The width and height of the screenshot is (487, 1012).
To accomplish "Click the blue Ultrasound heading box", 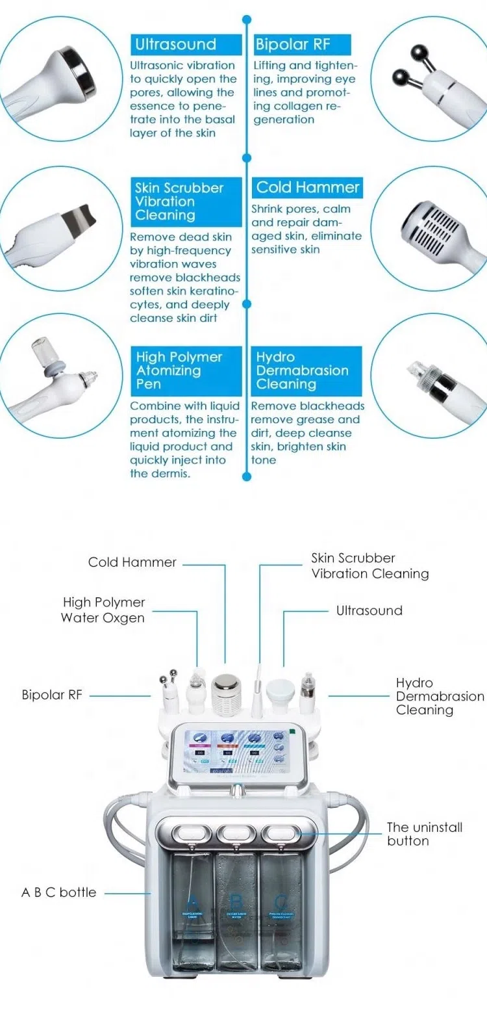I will pyautogui.click(x=175, y=45).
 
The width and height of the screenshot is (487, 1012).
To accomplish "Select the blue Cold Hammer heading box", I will pyautogui.click(x=307, y=188).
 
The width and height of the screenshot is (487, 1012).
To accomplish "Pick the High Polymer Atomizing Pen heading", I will pyautogui.click(x=179, y=370).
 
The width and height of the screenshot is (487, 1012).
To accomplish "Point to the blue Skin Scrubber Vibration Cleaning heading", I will pyautogui.click(x=179, y=201).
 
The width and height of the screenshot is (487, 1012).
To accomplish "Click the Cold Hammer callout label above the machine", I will pyautogui.click(x=132, y=562).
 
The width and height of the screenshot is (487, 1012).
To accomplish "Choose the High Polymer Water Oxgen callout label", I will pyautogui.click(x=103, y=610).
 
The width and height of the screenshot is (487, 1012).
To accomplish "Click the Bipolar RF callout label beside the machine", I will pyautogui.click(x=52, y=695).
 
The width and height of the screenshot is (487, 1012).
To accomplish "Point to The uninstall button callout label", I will pyautogui.click(x=424, y=834).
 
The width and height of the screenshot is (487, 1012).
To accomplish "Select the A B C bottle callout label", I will pyautogui.click(x=58, y=892).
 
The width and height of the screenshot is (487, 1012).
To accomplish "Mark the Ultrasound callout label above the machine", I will pyautogui.click(x=369, y=610).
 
